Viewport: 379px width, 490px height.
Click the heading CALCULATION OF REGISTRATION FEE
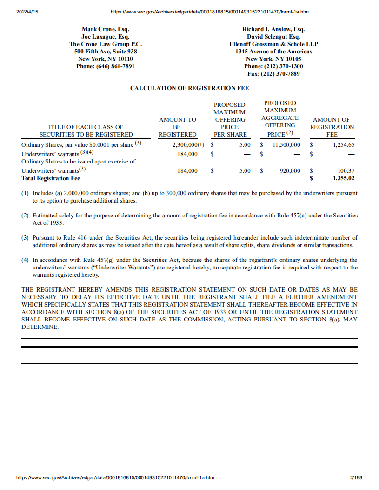click(189, 88)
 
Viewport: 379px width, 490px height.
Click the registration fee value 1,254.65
click(344, 145)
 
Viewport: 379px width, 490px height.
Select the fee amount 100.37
click(346, 171)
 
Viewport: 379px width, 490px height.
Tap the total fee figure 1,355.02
click(344, 178)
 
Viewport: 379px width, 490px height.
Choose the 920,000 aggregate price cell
click(290, 171)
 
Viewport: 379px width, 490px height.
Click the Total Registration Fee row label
click(51, 178)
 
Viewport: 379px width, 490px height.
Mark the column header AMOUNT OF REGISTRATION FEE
click(332, 127)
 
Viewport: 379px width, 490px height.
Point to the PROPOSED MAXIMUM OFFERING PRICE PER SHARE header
click(229, 119)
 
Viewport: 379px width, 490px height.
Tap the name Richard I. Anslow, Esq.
click(273, 29)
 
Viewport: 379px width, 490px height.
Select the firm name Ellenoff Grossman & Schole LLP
click(273, 44)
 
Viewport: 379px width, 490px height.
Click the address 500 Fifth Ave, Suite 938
click(106, 52)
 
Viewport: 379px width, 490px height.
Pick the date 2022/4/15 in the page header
click(27, 12)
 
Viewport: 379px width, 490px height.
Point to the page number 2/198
click(355, 477)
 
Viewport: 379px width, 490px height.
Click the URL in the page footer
click(115, 477)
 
